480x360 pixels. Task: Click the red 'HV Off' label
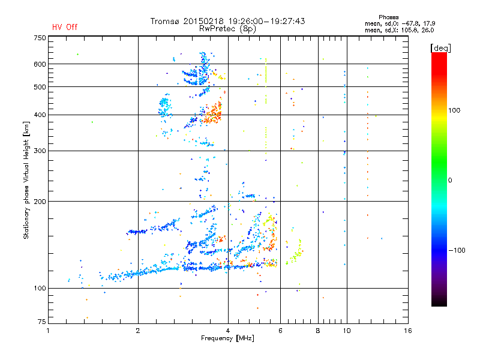[x=65, y=27]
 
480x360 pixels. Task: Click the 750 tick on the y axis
[x=40, y=38]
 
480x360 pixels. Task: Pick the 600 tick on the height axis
[x=40, y=64]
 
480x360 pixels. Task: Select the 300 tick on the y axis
[x=40, y=151]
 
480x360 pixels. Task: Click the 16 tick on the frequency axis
[x=407, y=330]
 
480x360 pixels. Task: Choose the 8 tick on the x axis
[x=318, y=330]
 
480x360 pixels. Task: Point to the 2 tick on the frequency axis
[x=138, y=330]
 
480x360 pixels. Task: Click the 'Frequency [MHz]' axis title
[x=227, y=338]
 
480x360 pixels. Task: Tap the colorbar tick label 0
[x=454, y=180]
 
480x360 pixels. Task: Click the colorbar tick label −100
[x=458, y=250]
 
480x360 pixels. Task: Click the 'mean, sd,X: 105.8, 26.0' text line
[x=399, y=29]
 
